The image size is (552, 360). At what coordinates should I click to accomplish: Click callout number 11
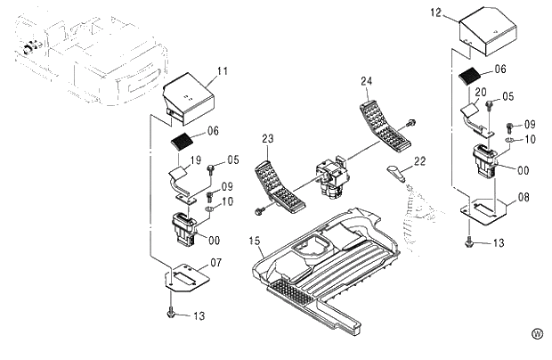pyautogui.click(x=223, y=70)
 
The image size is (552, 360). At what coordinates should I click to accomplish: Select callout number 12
pyautogui.click(x=435, y=13)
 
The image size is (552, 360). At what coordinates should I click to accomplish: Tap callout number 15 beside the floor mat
pyautogui.click(x=254, y=240)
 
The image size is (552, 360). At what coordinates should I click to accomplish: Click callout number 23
pyautogui.click(x=267, y=138)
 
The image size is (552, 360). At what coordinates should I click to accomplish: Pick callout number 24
pyautogui.click(x=366, y=81)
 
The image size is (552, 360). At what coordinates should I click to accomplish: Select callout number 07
pyautogui.click(x=215, y=263)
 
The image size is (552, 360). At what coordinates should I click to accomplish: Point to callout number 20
pyautogui.click(x=480, y=93)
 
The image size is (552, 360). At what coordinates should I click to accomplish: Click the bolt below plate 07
pyautogui.click(x=170, y=312)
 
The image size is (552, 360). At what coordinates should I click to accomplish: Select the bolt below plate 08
pyautogui.click(x=469, y=241)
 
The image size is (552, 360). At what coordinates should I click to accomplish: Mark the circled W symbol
pyautogui.click(x=537, y=333)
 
